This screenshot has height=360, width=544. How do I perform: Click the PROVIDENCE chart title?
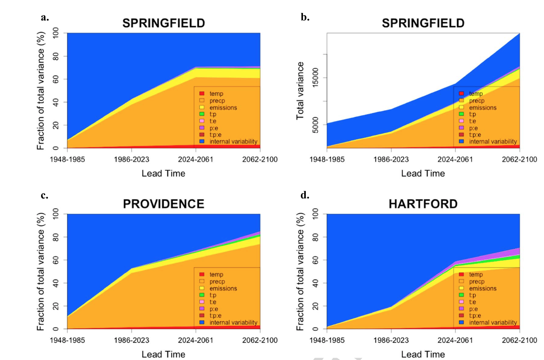click(163, 204)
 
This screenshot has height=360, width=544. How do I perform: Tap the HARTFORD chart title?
click(423, 204)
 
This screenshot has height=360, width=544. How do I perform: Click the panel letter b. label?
click(305, 17)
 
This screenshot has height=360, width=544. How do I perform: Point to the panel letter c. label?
click(45, 196)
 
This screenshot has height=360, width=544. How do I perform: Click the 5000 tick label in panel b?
click(315, 124)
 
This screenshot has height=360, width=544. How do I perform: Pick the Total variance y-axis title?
click(300, 91)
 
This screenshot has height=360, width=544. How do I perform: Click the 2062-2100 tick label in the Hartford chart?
click(519, 341)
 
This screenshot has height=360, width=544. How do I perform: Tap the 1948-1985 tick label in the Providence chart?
click(67, 341)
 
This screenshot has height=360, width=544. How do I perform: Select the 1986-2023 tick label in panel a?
click(132, 159)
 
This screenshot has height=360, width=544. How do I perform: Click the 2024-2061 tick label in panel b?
click(455, 159)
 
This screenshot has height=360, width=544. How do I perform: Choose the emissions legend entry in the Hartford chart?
click(482, 288)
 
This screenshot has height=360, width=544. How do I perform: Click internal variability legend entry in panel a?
click(233, 141)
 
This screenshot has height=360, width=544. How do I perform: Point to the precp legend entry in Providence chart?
click(217, 281)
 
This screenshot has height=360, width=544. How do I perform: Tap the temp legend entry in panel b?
click(476, 93)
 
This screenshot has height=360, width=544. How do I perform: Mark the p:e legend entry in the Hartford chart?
click(474, 308)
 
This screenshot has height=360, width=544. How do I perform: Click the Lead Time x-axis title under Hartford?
click(423, 354)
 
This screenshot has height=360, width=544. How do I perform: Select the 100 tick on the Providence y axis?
click(56, 214)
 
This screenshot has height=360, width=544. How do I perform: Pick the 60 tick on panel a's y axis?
click(56, 79)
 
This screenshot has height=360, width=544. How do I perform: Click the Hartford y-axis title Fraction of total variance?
click(300, 272)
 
